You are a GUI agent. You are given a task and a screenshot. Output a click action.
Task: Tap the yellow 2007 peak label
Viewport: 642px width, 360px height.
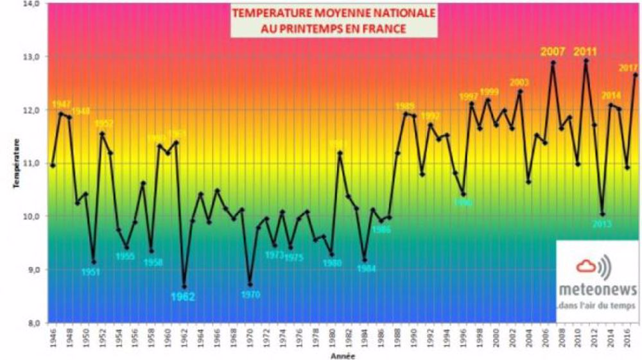[552, 51]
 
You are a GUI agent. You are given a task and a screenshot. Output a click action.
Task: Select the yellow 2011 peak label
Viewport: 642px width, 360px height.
[585, 51]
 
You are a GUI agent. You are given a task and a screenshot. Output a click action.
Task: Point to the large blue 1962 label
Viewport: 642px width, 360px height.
[182, 297]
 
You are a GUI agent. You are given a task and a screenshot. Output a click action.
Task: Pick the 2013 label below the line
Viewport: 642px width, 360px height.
[602, 224]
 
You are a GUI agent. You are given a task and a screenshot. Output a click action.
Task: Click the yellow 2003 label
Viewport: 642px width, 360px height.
[519, 82]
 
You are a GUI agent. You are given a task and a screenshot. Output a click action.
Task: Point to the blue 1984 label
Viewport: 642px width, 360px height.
[365, 269]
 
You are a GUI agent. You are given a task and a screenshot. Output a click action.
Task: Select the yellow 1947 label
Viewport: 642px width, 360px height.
[61, 104]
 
